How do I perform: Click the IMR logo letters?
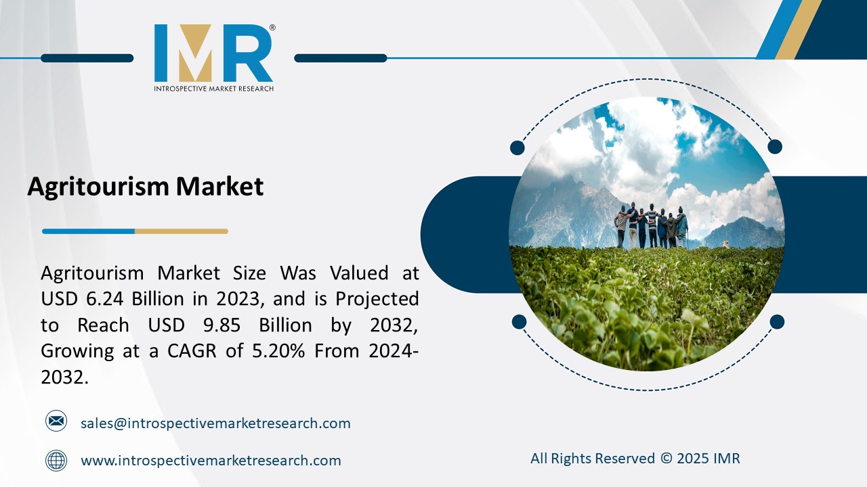tap(213, 53)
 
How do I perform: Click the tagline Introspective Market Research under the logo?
tap(213, 89)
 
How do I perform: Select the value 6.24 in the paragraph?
tap(107, 298)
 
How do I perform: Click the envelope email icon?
tap(56, 421)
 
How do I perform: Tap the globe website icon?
tap(56, 461)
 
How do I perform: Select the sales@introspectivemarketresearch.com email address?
tap(215, 423)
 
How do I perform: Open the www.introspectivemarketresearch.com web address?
tap(211, 461)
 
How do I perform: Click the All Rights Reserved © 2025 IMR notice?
tap(635, 459)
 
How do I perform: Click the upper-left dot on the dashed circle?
tap(517, 147)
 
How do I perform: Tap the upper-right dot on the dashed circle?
tap(775, 146)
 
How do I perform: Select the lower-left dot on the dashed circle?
tap(519, 321)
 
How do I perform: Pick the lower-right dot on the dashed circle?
tap(777, 321)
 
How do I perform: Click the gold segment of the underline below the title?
tap(181, 231)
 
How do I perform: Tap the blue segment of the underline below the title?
tap(88, 231)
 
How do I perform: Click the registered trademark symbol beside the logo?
tap(272, 28)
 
